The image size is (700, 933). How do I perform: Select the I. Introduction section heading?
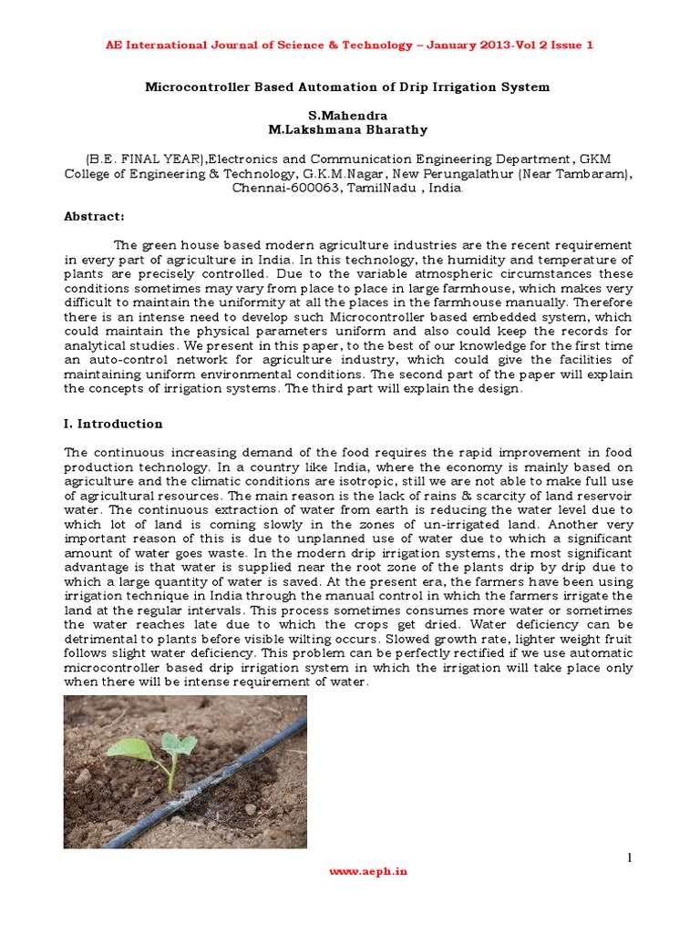pyautogui.click(x=113, y=424)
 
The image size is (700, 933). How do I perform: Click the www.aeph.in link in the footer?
pyautogui.click(x=367, y=871)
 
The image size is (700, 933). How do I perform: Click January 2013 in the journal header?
pyautogui.click(x=491, y=45)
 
